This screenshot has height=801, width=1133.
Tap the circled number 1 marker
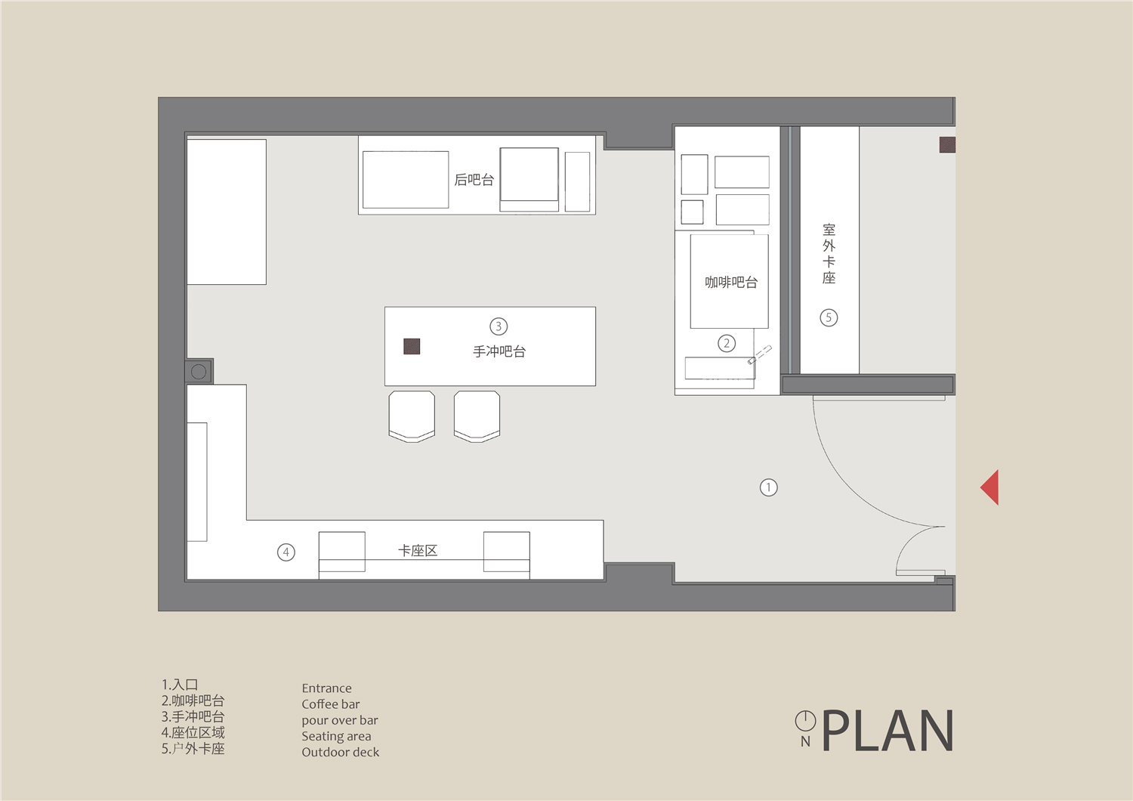768,487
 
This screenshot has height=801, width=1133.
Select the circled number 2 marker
727,344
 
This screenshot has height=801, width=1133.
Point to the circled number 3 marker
499,326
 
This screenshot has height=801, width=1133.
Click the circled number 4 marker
286,552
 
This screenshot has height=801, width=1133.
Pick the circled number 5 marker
829,318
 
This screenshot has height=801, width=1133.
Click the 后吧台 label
474,180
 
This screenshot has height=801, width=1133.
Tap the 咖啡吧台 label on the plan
731,283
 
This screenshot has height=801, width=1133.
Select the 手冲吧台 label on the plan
499,351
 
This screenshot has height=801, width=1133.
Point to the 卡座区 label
417,551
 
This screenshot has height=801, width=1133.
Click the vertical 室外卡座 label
829,253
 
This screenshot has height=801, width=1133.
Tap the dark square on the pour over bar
412,347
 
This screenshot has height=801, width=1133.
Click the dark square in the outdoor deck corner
947,145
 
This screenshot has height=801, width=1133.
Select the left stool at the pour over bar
412,416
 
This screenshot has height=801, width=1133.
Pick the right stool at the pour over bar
477,416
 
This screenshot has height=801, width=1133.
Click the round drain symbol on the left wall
199,372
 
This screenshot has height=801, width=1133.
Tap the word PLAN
888,730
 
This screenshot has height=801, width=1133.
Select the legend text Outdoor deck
341,753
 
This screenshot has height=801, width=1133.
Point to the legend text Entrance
327,688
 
